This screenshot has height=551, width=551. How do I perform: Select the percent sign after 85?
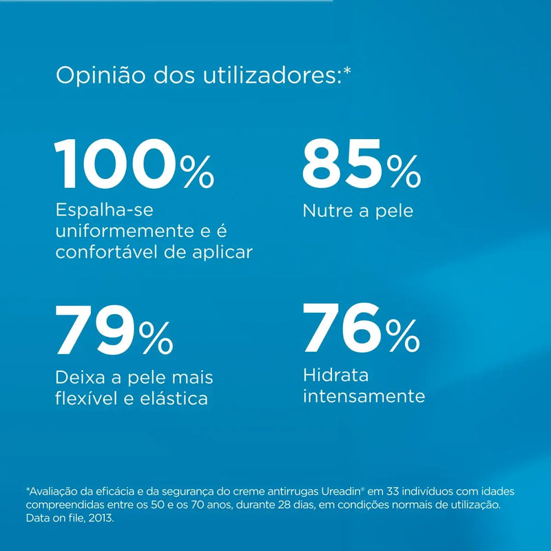tap(403, 172)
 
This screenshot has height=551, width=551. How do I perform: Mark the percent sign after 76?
tap(403, 336)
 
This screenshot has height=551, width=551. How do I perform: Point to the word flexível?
tap(84, 398)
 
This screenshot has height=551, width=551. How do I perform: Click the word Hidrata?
tap(336, 375)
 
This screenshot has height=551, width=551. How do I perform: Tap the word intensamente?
tap(364, 397)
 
